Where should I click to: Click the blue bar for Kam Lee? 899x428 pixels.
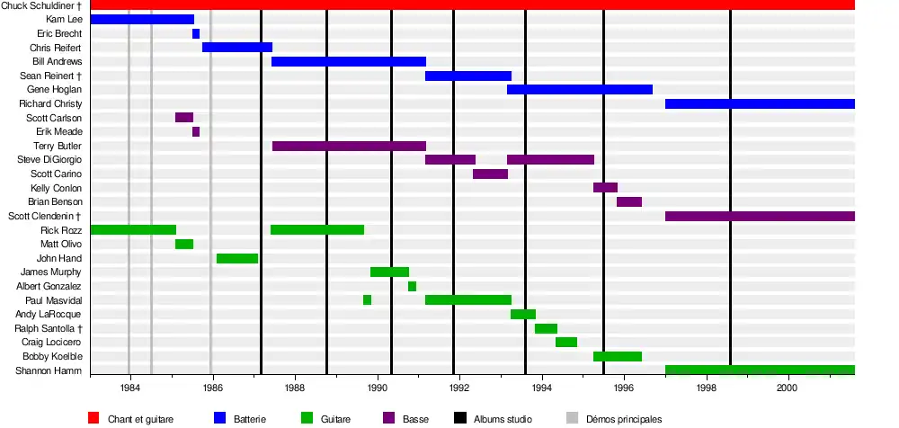coord(142,19)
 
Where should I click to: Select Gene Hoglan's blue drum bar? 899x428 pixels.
coord(580,89)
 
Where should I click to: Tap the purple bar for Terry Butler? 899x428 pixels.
coord(349,146)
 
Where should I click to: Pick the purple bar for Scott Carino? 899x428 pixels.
coord(490,174)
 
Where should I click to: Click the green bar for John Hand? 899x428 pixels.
coord(237,258)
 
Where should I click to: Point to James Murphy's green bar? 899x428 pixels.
coord(389,272)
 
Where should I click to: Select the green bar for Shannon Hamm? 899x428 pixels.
coord(760,370)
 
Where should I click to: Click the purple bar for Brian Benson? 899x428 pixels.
coord(629,201)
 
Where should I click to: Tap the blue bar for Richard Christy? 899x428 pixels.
coord(760,103)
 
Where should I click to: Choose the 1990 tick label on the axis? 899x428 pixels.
coord(377,388)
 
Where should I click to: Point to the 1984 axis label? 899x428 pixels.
coord(129,388)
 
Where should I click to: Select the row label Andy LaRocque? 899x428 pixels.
coord(49,314)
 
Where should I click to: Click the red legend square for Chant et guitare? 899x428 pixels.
coord(93,418)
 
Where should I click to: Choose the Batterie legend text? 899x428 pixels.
coord(250,419)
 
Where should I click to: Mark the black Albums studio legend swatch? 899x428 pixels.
coord(459,418)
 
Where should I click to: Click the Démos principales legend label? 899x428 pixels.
coord(624,419)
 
